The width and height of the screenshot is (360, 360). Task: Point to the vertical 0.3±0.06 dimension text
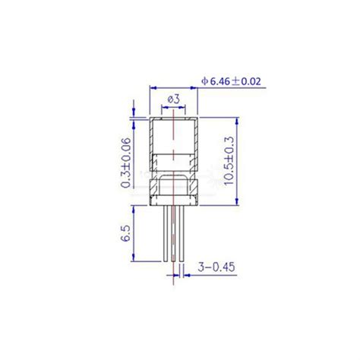pyautogui.click(x=127, y=162)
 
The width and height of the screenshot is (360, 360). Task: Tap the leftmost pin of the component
pyautogui.click(x=165, y=234)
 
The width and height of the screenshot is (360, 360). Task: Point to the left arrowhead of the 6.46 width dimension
pyautogui.click(x=154, y=87)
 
